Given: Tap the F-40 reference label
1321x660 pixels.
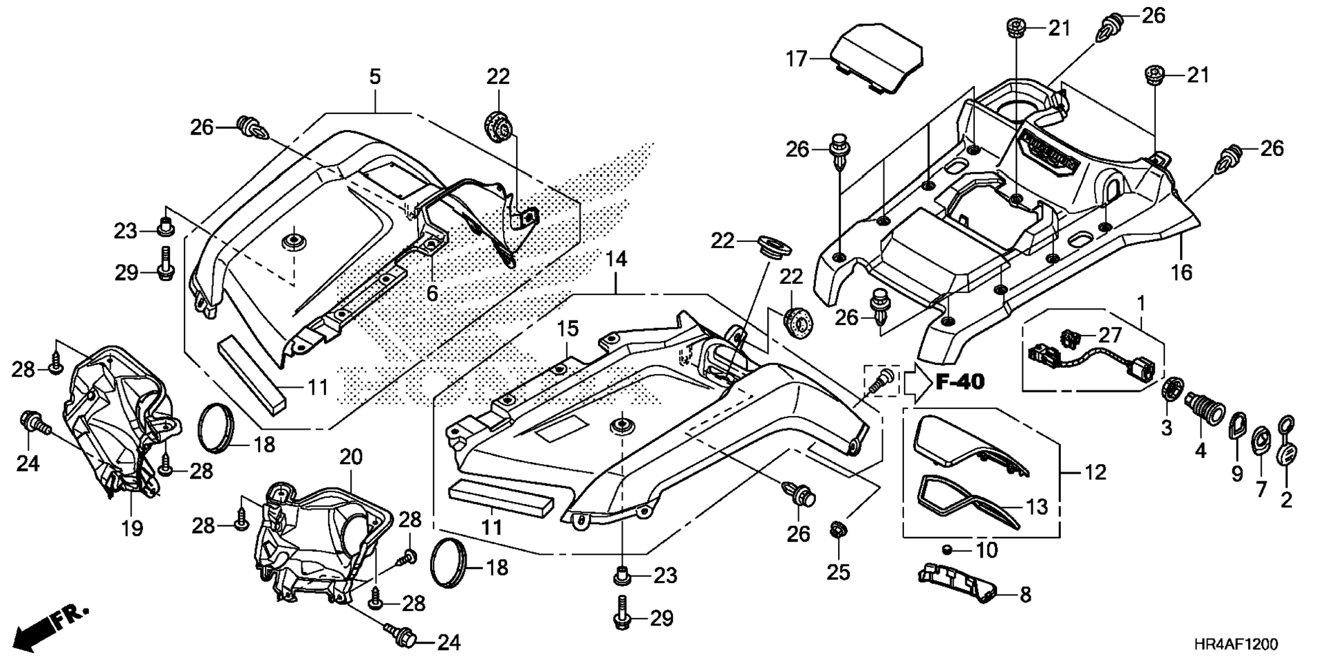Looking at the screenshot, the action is tap(960, 382).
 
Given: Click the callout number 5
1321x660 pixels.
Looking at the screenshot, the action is tap(375, 76).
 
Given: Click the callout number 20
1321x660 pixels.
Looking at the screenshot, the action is tap(350, 456).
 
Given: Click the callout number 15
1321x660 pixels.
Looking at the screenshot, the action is tap(568, 329).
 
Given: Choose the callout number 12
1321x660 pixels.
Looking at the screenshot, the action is tap(1095, 472).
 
